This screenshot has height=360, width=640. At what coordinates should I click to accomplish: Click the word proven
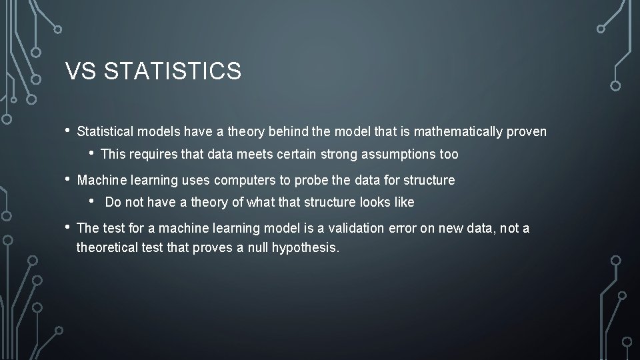(x=527, y=132)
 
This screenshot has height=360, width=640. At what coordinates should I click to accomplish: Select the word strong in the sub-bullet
(x=340, y=155)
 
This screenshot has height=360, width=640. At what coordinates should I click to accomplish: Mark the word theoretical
(x=108, y=248)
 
